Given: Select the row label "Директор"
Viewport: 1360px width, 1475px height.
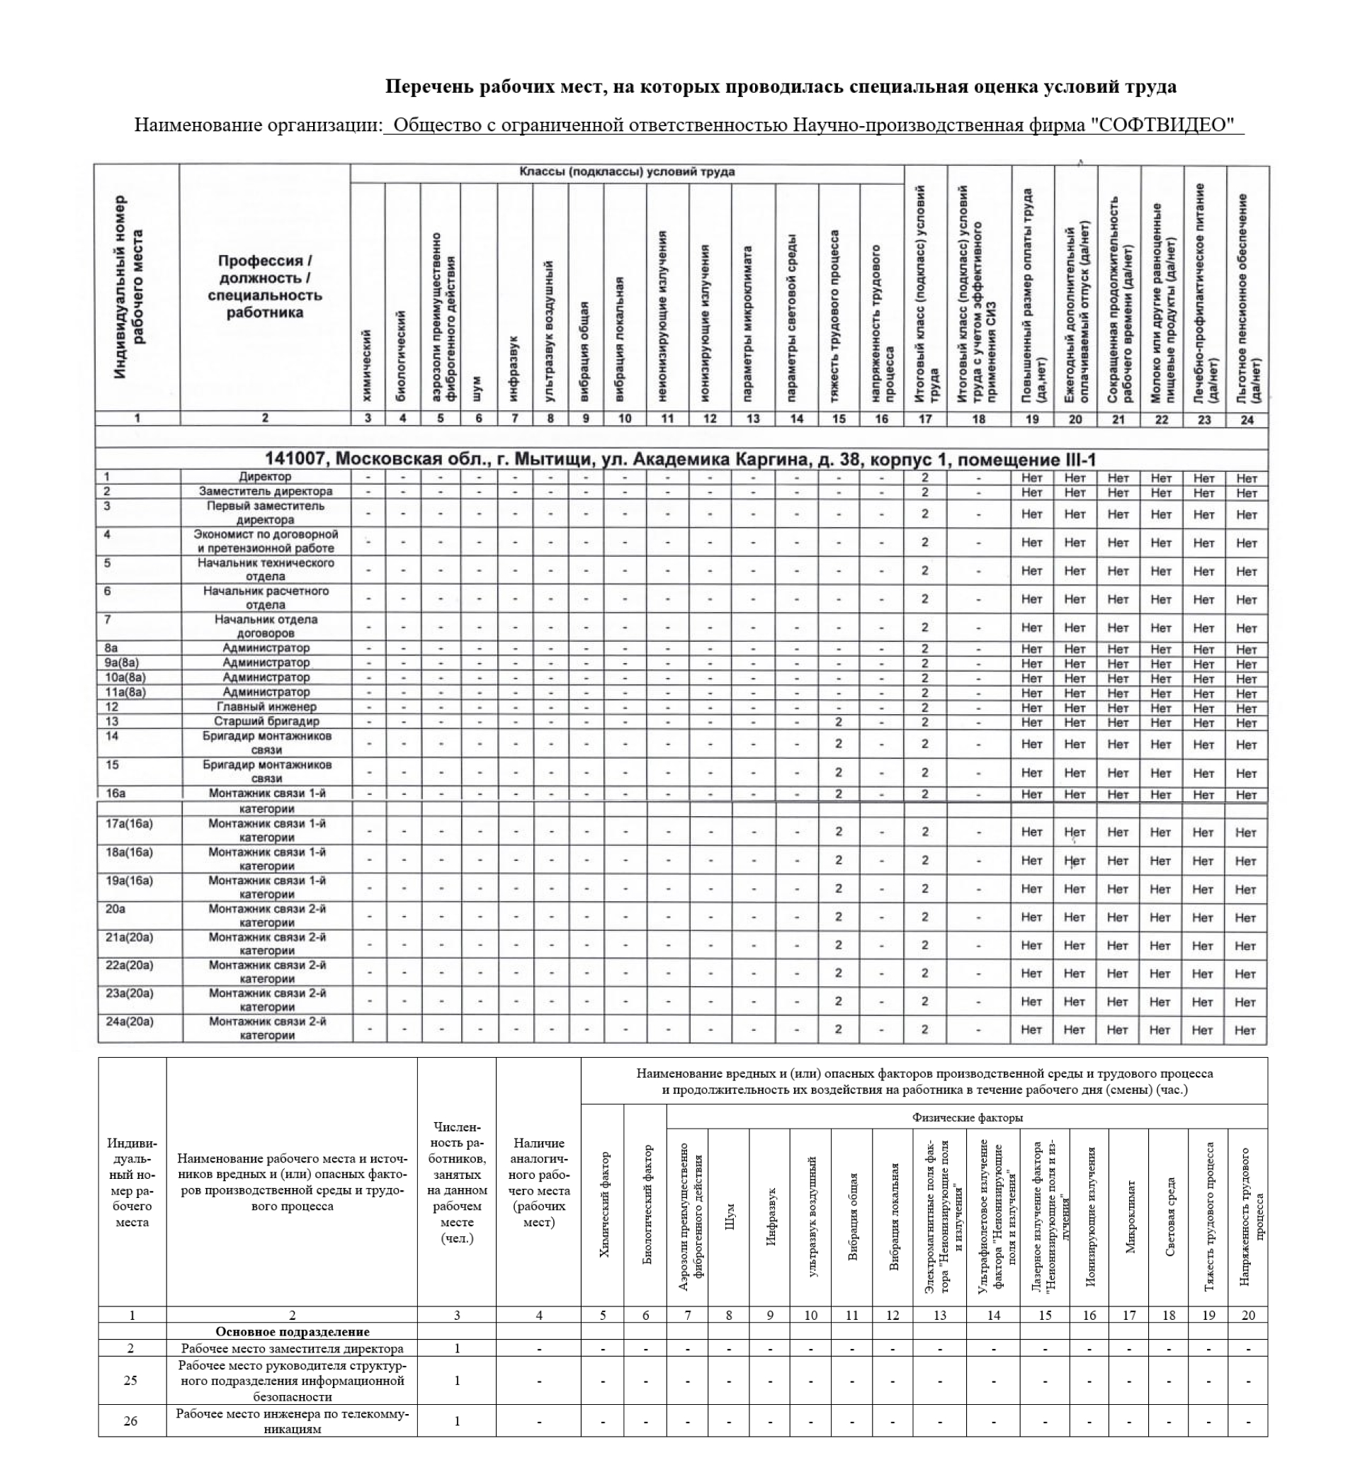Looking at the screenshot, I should click(x=265, y=477).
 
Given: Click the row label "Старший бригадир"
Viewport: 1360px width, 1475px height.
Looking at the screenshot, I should click(x=266, y=722).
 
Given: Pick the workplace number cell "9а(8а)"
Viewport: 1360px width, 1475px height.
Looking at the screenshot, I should click(x=121, y=663).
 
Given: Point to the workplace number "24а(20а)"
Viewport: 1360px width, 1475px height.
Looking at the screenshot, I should click(x=130, y=1022).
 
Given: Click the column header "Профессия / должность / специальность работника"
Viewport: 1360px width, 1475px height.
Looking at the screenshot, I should click(x=265, y=287).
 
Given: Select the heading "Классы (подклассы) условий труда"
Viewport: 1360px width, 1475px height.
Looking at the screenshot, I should click(x=627, y=172).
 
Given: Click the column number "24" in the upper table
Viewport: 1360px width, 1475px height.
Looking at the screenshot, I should click(x=1247, y=419).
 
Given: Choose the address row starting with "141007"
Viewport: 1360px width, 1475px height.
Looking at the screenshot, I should click(x=681, y=460).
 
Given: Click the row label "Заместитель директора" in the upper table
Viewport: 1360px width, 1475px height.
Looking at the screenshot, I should click(x=266, y=492).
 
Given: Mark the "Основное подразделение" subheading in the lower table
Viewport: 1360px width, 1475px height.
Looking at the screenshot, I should click(x=292, y=1331).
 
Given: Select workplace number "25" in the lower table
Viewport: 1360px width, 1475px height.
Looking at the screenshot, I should click(x=131, y=1380).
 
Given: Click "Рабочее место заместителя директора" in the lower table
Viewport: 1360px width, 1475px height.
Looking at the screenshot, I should click(x=292, y=1349).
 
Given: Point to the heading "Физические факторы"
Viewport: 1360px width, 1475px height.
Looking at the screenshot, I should click(x=967, y=1117).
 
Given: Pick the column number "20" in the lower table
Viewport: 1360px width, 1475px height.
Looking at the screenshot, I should click(x=1248, y=1316).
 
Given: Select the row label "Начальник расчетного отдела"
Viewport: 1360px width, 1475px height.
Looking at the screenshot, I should click(x=266, y=599).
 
